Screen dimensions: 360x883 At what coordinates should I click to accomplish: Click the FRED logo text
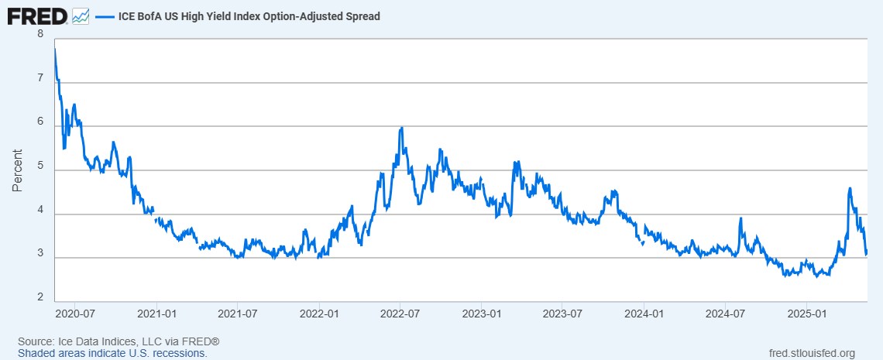(x=36, y=15)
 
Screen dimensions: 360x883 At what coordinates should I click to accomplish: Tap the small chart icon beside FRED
(x=81, y=15)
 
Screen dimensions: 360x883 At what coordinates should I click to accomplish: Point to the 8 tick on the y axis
(x=40, y=34)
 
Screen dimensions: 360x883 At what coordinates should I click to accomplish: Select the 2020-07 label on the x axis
(x=76, y=314)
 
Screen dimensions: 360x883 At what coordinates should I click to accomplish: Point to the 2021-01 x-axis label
(x=157, y=314)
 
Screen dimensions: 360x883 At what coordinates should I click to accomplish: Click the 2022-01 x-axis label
(x=320, y=314)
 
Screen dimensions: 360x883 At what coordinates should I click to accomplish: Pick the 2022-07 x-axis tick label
(x=400, y=314)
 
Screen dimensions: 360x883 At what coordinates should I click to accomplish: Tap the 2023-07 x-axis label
(x=563, y=314)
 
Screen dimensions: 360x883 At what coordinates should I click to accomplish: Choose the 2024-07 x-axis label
(x=726, y=314)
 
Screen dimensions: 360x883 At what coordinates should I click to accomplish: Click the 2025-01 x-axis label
(x=807, y=314)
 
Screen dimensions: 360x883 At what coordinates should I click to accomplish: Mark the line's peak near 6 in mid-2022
(x=401, y=129)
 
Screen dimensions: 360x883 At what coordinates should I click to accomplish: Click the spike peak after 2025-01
(x=850, y=188)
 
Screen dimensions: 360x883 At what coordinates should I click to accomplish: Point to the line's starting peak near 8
(x=55, y=50)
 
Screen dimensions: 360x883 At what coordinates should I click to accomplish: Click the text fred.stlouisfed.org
(x=809, y=353)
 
